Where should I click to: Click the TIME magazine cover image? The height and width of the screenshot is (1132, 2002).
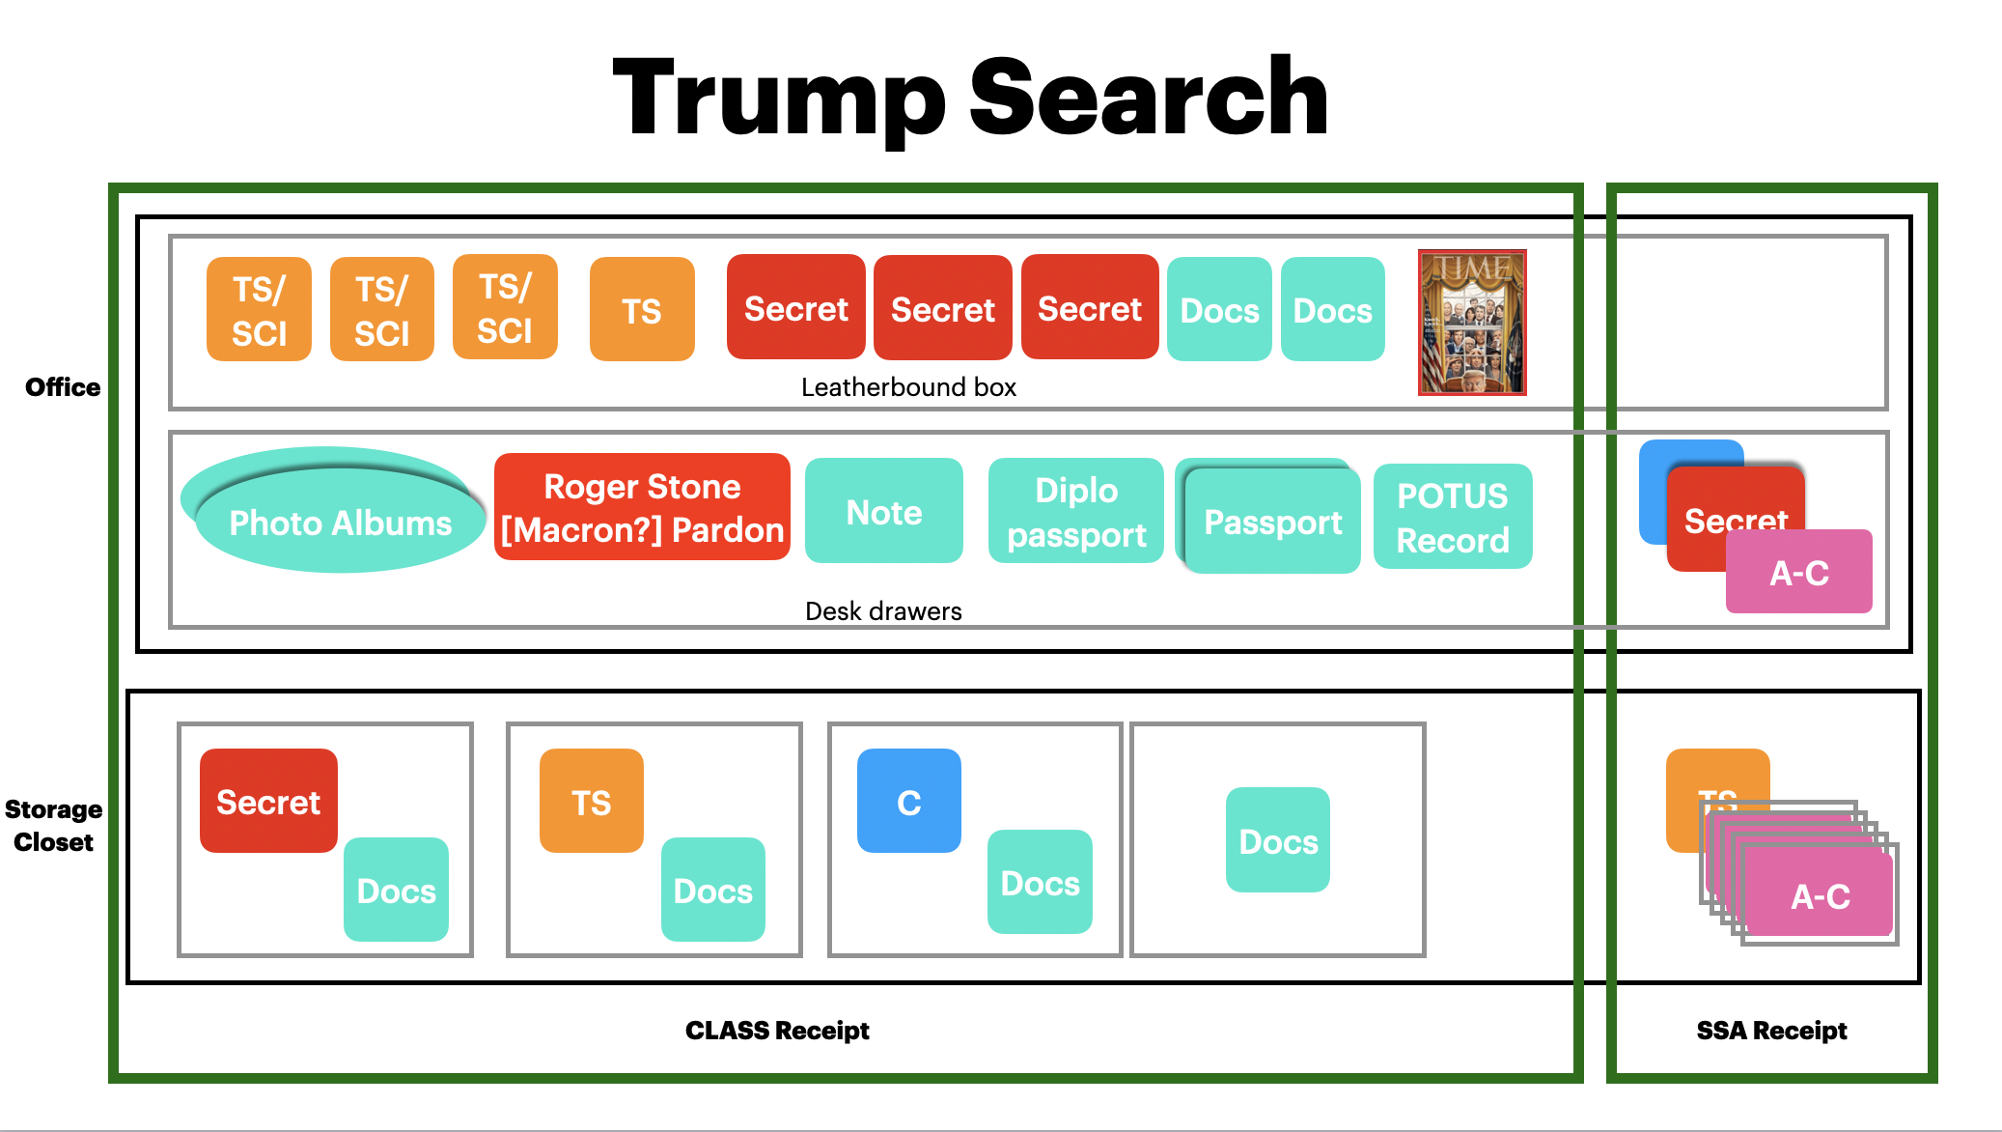pos(1471,323)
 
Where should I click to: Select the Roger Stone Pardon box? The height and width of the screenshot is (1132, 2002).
pos(642,508)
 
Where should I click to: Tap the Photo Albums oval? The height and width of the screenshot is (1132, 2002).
pos(340,522)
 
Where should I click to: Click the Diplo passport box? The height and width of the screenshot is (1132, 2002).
pos(1075,512)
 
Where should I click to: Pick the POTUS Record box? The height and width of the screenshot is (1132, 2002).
pos(1452,518)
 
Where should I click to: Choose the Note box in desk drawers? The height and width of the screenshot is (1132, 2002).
pos(883,512)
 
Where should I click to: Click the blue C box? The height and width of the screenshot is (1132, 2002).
pos(908,802)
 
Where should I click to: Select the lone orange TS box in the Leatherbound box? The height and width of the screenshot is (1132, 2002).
pos(641,310)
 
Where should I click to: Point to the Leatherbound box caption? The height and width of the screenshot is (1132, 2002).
pos(908,387)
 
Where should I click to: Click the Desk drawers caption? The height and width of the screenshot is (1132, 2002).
pos(883,611)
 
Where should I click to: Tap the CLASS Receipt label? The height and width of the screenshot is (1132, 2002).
pos(777,1031)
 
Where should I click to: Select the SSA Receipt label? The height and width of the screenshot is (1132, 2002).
pos(1771,1031)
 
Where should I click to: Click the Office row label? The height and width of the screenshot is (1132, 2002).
pos(63,387)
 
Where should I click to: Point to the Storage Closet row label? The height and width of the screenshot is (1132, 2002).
pos(53,826)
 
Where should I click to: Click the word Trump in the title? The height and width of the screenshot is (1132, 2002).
pos(778,99)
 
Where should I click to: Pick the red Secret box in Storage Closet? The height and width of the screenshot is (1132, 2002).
pos(268,802)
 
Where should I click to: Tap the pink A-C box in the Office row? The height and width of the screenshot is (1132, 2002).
pos(1798,573)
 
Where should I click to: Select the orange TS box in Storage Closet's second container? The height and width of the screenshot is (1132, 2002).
pos(591,802)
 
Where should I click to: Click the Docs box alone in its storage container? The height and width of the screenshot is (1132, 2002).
pos(1277,840)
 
